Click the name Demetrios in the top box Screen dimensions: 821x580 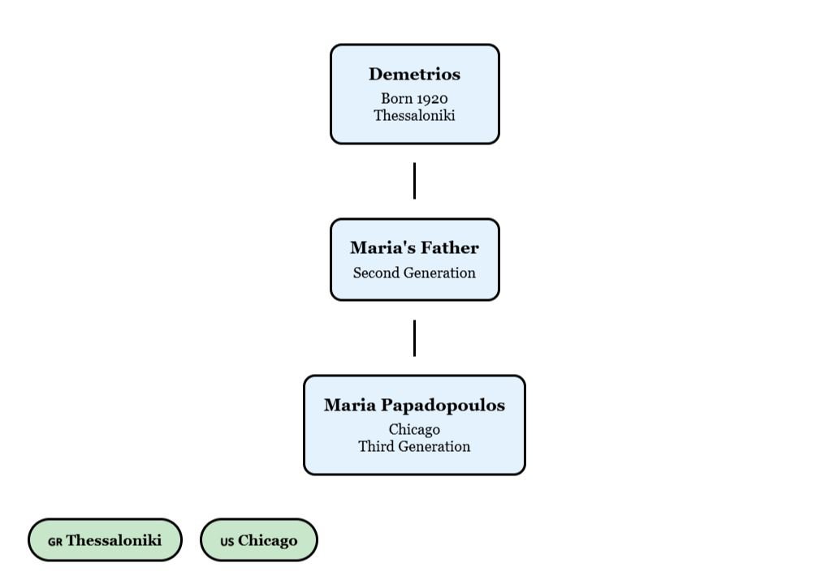(414, 74)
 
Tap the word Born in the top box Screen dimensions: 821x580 (396, 98)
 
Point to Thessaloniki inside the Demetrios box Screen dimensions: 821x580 (414, 115)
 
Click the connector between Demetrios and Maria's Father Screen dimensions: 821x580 (415, 180)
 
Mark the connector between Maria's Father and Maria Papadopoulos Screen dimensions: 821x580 (415, 337)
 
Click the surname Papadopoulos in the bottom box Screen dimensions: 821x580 (443, 405)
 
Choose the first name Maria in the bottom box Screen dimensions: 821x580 (350, 405)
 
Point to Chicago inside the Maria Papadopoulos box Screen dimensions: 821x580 (414, 429)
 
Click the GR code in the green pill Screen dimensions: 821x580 (55, 542)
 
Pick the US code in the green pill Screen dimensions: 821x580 (227, 542)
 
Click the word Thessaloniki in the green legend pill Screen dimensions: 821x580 (114, 540)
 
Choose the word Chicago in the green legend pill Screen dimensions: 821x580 (267, 541)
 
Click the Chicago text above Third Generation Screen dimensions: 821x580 (414, 429)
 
